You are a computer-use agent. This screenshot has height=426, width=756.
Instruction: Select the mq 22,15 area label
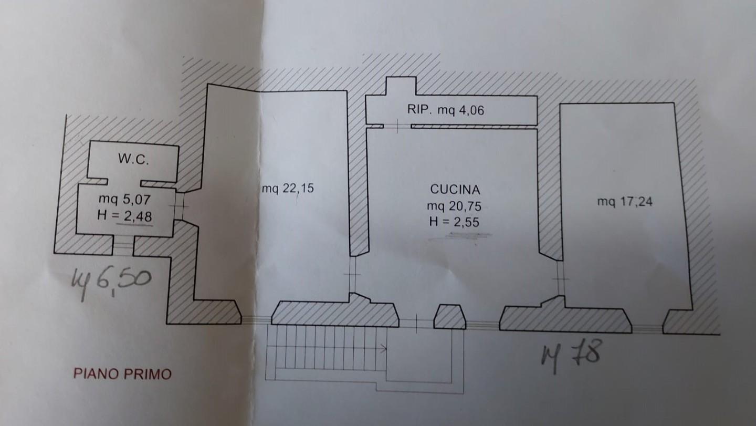pyautogui.click(x=288, y=188)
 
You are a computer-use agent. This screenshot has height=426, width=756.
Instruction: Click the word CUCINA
pyautogui.click(x=455, y=190)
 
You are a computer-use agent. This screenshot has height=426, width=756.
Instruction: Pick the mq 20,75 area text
pyautogui.click(x=455, y=206)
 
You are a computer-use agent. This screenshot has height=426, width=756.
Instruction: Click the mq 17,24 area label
pyautogui.click(x=625, y=201)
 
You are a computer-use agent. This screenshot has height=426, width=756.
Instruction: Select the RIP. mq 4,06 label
pyautogui.click(x=445, y=110)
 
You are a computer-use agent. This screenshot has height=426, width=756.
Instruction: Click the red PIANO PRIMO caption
pyautogui.click(x=122, y=374)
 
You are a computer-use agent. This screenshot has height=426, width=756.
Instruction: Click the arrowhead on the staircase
pyautogui.click(x=385, y=348)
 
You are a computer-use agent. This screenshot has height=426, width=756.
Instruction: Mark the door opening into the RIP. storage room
pyautogui.click(x=397, y=126)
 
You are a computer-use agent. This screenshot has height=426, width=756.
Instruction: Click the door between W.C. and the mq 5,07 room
pyautogui.click(x=124, y=182)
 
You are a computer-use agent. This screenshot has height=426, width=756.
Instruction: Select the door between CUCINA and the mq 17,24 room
pyautogui.click(x=560, y=276)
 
